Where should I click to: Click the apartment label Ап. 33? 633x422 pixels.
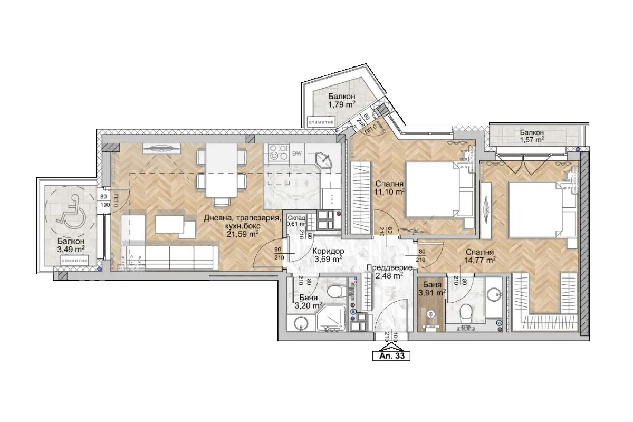click(391, 356)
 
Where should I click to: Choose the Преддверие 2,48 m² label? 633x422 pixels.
click(386, 271)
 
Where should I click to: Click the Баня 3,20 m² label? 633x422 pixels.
click(308, 302)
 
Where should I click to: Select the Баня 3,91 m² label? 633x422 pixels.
click(431, 290)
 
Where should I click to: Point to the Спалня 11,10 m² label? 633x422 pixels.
click(389, 188)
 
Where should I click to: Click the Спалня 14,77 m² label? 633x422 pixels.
click(479, 256)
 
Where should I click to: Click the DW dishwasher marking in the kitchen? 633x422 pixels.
click(298, 154)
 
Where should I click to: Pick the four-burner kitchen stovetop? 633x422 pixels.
click(278, 152)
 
